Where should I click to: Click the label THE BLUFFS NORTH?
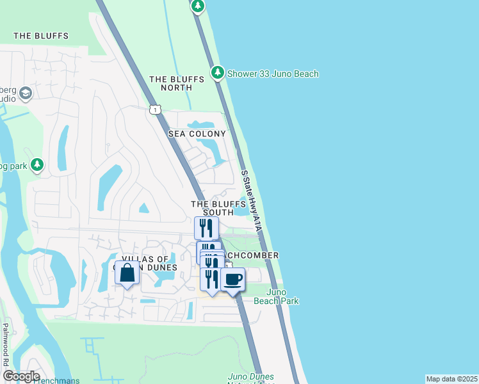(177, 84)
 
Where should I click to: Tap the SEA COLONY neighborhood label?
(197, 134)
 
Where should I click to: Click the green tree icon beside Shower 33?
(218, 73)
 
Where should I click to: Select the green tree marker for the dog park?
(37, 165)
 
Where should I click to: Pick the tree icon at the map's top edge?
(198, 6)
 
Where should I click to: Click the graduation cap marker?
(26, 93)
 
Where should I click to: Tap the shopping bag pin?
(127, 273)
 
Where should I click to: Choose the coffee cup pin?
(232, 279)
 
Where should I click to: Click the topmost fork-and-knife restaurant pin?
(207, 227)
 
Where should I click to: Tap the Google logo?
(21, 376)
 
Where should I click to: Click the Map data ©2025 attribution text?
(451, 379)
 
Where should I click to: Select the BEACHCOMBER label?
(251, 255)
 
